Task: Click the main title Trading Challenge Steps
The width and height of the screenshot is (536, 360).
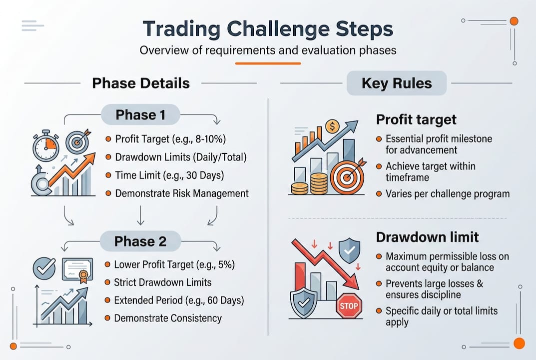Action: [268, 28]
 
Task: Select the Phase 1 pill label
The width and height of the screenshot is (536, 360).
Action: [140, 115]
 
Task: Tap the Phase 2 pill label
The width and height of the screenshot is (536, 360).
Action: [140, 241]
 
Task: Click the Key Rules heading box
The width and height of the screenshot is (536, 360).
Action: [397, 83]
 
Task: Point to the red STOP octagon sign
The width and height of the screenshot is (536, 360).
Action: [349, 305]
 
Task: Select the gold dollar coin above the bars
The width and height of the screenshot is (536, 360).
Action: [332, 127]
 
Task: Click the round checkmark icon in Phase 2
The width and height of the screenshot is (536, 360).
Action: [44, 269]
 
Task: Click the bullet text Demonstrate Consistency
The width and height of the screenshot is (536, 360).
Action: [168, 318]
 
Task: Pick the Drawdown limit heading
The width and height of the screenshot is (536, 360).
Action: [427, 237]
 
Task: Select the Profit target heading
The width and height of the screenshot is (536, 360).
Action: [416, 119]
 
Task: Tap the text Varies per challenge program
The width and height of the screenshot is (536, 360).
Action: [448, 193]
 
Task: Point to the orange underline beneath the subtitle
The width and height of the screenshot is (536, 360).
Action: [268, 63]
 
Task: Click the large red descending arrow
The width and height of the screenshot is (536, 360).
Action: [325, 262]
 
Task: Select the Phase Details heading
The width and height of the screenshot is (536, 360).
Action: [141, 83]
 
